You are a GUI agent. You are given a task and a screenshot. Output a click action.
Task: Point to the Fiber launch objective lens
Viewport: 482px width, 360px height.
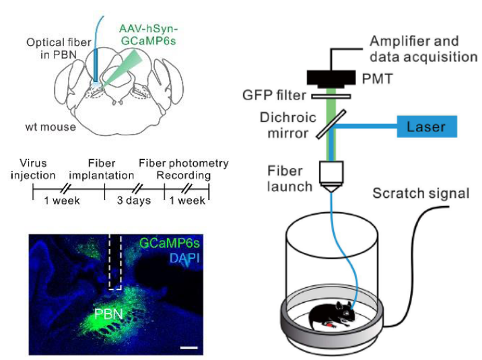click(x=332, y=176)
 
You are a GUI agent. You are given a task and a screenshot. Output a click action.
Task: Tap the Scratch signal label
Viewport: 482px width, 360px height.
click(x=421, y=194)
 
